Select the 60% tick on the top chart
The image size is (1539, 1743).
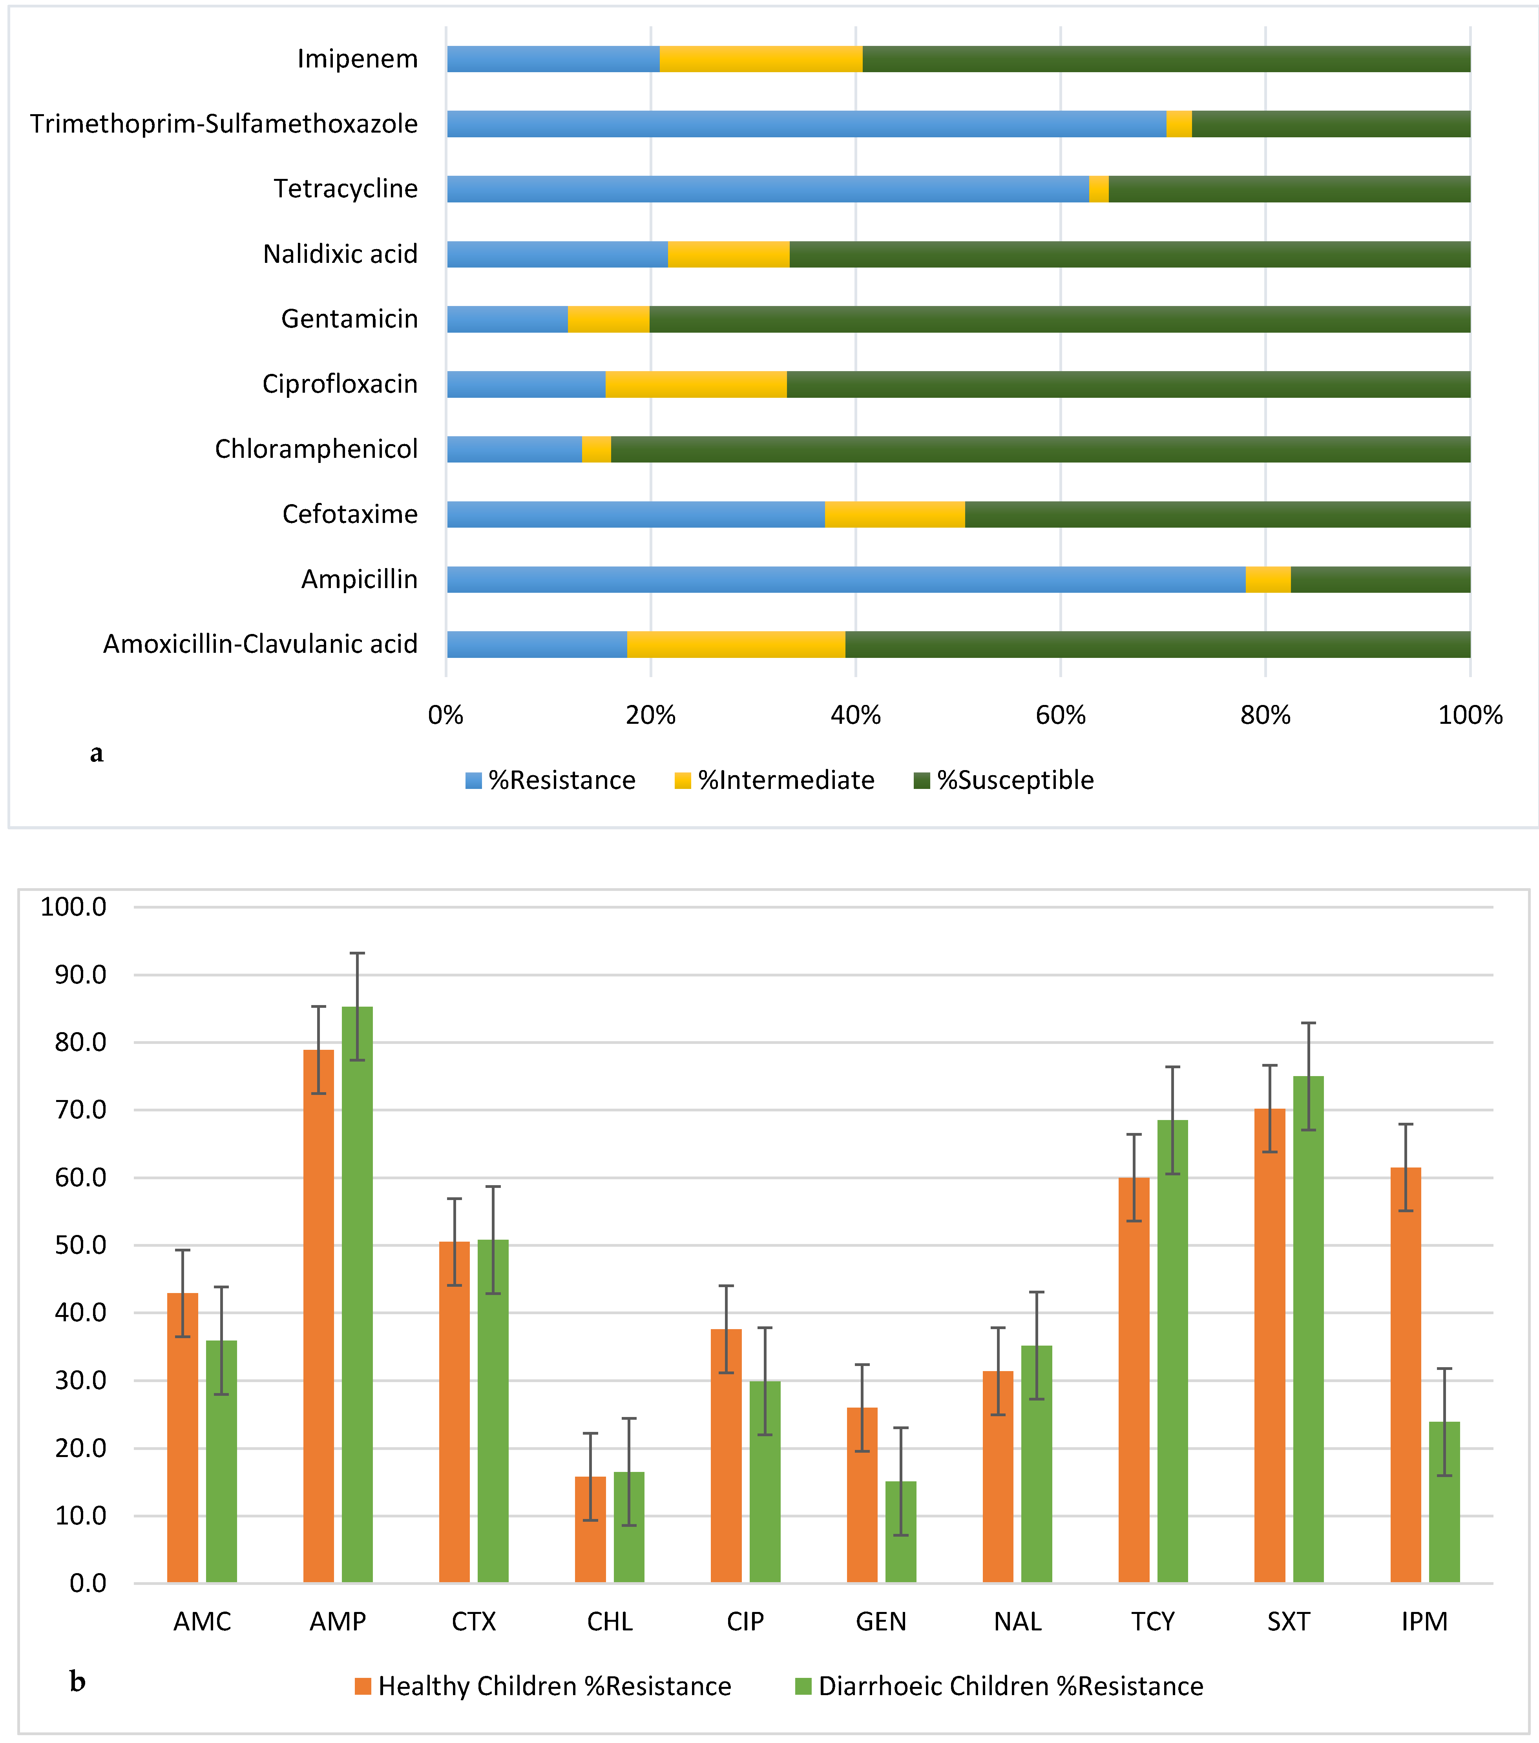tap(1061, 715)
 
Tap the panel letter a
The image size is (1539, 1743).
tap(97, 753)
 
